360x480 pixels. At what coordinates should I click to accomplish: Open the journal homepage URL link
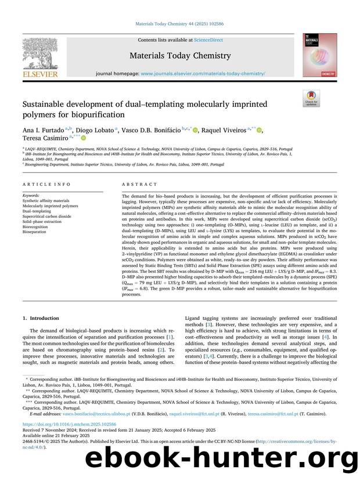pos(203,74)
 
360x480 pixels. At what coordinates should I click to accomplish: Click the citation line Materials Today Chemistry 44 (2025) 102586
pos(179,25)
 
